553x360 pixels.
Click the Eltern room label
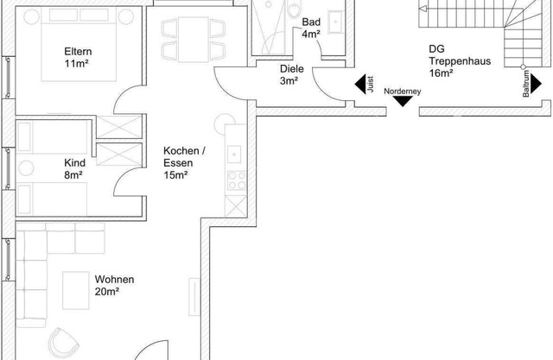pos(78,52)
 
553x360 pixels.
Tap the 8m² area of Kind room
pos(73,175)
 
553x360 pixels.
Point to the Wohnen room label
pos(114,280)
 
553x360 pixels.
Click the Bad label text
pos(311,22)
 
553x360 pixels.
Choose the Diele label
pos(292,69)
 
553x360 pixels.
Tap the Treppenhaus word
pos(460,61)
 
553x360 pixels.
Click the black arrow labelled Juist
pos(360,85)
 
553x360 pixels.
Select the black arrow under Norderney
pos(403,102)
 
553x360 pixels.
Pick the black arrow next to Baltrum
pos(536,84)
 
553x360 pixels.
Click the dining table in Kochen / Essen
pos(194,40)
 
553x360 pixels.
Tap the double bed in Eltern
pos(79,44)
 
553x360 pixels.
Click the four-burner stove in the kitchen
pos(237,180)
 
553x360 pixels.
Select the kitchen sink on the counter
pos(234,154)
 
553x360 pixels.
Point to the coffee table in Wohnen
pos(76,291)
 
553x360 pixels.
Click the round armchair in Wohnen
pos(63,343)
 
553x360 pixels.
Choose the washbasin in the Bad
pos(335,22)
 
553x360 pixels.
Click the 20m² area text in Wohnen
pos(106,292)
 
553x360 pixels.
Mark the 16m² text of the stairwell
pos(441,73)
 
